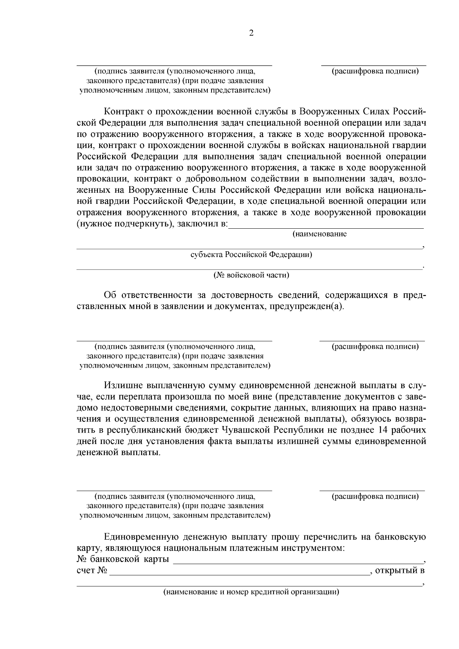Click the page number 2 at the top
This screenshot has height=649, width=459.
click(x=251, y=33)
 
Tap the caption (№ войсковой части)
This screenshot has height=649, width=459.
click(x=251, y=275)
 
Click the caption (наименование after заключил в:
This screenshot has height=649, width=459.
click(x=319, y=234)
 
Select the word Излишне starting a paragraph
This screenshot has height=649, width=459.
click(x=122, y=385)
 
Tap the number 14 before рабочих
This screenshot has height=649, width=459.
click(x=384, y=430)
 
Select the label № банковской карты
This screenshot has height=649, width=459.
click(x=123, y=560)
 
